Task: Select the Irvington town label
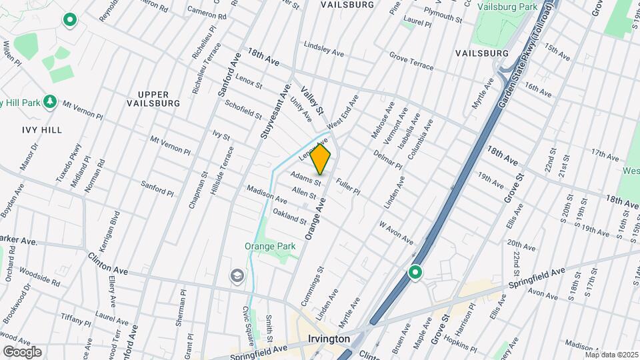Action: [x=329, y=339]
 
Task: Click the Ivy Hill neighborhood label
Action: [x=41, y=130]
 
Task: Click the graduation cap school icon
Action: [x=237, y=275]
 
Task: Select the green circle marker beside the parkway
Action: [x=415, y=272]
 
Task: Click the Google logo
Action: [x=22, y=351]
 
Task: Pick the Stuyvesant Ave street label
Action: [x=277, y=112]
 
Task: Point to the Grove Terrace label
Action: [x=411, y=63]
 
